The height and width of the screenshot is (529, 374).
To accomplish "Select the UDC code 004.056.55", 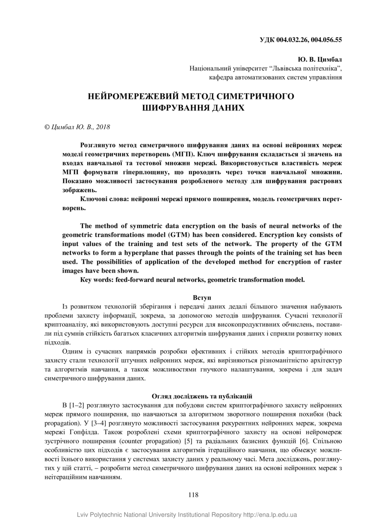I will tap(327, 40).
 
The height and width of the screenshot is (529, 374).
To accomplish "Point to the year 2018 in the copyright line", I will tap(103, 127).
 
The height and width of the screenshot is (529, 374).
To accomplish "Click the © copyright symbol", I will tap(47, 127).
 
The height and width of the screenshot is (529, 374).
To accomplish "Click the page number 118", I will tap(193, 495).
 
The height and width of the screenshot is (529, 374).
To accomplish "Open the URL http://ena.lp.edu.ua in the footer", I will tap(270, 515).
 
